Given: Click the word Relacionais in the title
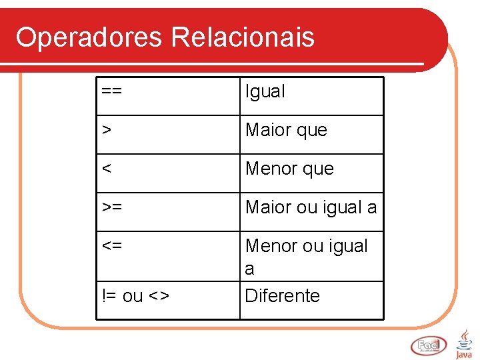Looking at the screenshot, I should [x=242, y=37].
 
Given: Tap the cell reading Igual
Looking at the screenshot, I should [x=265, y=92].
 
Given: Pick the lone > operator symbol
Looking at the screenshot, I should [x=107, y=130].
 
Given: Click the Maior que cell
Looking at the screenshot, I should [x=286, y=130].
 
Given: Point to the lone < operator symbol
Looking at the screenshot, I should [x=107, y=169].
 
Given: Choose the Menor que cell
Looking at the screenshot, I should [x=289, y=169].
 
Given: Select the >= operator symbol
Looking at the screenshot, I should [x=112, y=207].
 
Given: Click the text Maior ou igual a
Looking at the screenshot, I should [x=311, y=207].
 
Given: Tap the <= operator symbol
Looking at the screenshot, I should [x=112, y=246].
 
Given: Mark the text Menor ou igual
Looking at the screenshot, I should [x=307, y=246].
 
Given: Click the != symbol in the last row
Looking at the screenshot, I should [x=109, y=296].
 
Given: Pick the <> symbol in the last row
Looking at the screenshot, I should [x=159, y=296].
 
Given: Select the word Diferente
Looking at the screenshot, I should [x=283, y=296].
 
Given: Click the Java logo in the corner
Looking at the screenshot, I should [x=464, y=343].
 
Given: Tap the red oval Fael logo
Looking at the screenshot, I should [x=429, y=345].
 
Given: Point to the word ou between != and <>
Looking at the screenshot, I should [x=133, y=296].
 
